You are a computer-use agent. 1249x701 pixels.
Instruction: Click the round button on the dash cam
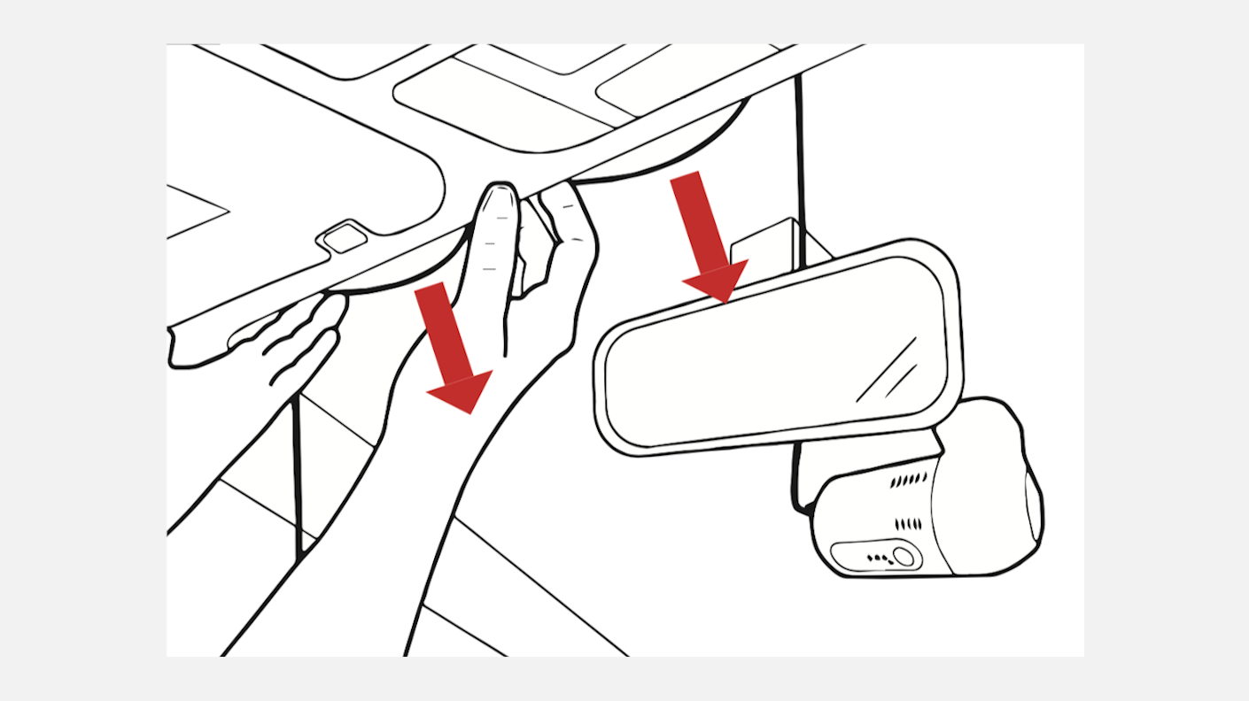click(x=903, y=557)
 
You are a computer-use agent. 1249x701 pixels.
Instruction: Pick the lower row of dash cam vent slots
click(x=908, y=524)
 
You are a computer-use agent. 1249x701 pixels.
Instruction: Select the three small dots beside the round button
click(x=879, y=558)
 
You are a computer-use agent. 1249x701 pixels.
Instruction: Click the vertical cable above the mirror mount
click(x=800, y=150)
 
